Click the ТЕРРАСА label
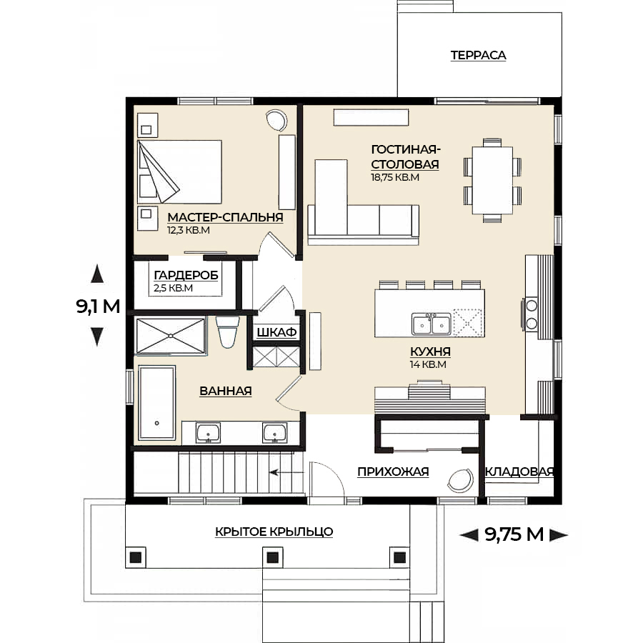pos(478,55)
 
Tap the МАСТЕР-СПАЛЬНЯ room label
pos(225,217)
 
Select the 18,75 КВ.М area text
pos(395,177)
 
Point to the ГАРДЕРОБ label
pos(186,275)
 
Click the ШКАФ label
pos(276,332)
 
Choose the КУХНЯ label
pos(430,352)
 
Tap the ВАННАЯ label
pos(226,391)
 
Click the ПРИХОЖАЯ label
pos(393,472)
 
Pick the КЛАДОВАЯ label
pos(519,472)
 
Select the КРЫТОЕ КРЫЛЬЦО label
pos(274,532)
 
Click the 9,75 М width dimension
pos(514,534)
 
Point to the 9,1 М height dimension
pos(98,306)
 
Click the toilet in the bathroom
pos(228,332)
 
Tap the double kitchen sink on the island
pos(432,324)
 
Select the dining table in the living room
pos(492,181)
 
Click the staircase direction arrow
pos(286,472)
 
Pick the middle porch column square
pos(272,557)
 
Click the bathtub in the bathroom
pos(156,403)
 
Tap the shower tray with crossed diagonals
pos(170,336)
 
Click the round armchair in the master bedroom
pos(276,120)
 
